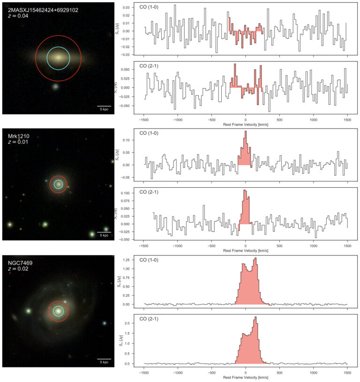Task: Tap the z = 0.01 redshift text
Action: click(18, 142)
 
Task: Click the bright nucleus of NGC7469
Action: click(58, 311)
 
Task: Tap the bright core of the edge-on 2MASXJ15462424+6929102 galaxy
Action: click(58, 58)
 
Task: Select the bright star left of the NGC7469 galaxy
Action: click(29, 311)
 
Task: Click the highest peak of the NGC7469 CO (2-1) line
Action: click(256, 317)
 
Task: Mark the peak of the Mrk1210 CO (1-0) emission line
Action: click(246, 131)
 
